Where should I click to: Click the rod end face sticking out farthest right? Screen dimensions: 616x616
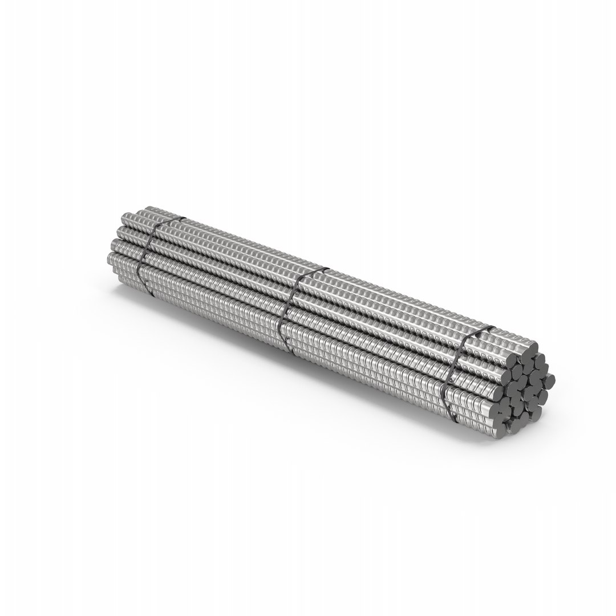549,378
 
